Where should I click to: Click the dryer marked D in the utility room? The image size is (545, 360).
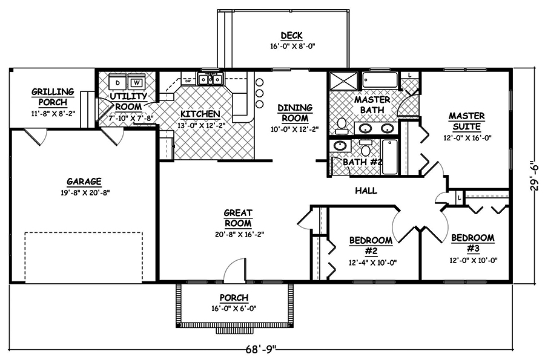pyautogui.click(x=119, y=82)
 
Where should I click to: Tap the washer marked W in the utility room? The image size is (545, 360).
pyautogui.click(x=137, y=82)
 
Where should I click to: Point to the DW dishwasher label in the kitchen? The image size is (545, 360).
pyautogui.click(x=188, y=80)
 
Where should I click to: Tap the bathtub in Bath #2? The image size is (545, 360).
pyautogui.click(x=390, y=157)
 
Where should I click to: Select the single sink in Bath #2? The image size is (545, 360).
pyautogui.click(x=341, y=146)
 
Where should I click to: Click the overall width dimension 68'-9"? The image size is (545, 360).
pyautogui.click(x=261, y=349)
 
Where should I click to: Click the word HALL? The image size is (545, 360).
pyautogui.click(x=366, y=191)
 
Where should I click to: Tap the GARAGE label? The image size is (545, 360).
pyautogui.click(x=84, y=181)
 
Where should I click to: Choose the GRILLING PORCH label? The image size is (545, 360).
pyautogui.click(x=53, y=96)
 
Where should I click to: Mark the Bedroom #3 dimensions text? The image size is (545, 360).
pyautogui.click(x=472, y=260)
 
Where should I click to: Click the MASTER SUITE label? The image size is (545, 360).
pyautogui.click(x=465, y=121)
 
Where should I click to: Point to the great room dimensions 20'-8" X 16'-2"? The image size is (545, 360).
pyautogui.click(x=238, y=234)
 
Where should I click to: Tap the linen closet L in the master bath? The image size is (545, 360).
pyautogui.click(x=410, y=75)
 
